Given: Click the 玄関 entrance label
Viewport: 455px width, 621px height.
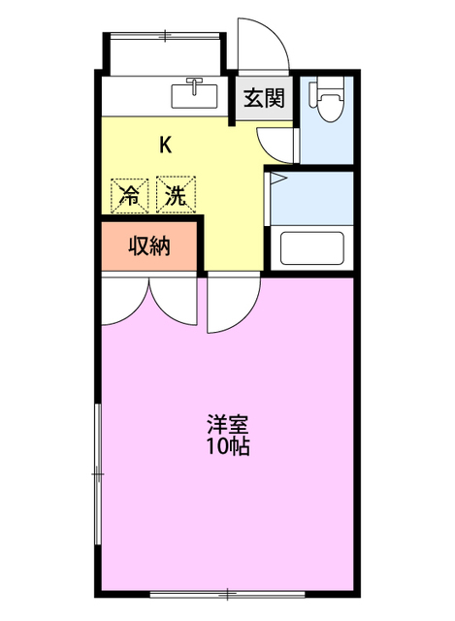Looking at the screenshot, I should point(264,97).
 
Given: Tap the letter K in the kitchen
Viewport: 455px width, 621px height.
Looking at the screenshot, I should point(166,146).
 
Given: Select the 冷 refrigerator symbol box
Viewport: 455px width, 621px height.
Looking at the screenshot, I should point(129,194).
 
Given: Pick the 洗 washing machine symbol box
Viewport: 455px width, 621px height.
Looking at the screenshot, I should point(176,194).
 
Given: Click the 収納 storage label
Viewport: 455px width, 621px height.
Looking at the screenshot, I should point(149,246).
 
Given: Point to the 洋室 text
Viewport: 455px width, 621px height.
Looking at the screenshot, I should point(228,425).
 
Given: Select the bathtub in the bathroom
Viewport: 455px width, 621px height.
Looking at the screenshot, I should point(312,248).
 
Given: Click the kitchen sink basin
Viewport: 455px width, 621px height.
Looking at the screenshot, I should point(196,95).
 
